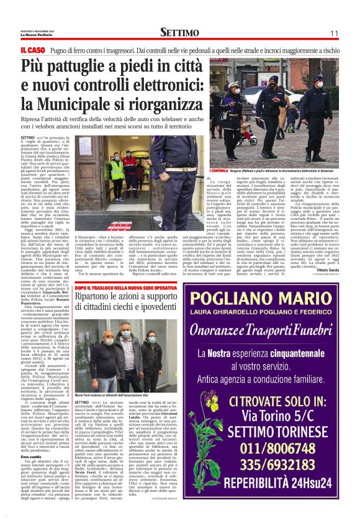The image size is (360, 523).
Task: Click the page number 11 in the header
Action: [x=333, y=33]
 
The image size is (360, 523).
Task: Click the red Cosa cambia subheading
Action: [x=30, y=438]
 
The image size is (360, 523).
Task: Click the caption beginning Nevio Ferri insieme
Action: [x=112, y=376]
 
